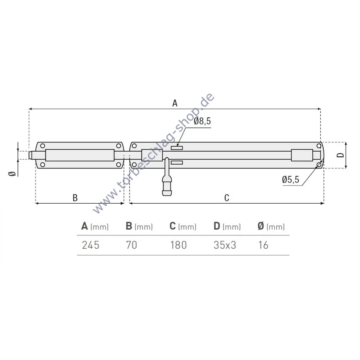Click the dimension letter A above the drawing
coord(175,103)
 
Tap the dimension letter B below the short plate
coord(75,198)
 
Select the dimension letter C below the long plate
coord(227,198)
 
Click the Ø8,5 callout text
coord(202,121)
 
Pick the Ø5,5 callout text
coord(290,179)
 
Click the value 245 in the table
coord(91,245)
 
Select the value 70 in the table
coord(132,245)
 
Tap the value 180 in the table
coord(178,245)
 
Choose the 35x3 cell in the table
coord(225,245)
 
